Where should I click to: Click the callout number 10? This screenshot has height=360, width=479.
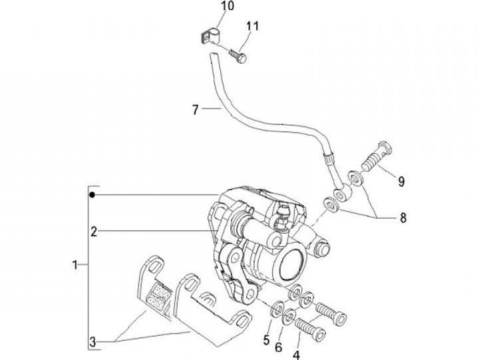[228, 6]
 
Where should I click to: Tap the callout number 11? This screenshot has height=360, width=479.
[252, 26]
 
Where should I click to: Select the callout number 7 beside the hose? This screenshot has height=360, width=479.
[196, 110]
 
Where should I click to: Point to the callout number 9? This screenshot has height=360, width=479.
[401, 182]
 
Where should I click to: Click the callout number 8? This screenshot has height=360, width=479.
[403, 218]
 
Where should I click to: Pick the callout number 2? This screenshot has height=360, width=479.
[94, 232]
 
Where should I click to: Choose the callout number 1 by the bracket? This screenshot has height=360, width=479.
[75, 265]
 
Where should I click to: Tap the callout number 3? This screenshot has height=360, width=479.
[92, 342]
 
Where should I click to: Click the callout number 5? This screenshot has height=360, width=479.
[266, 340]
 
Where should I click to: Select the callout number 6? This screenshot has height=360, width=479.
[278, 347]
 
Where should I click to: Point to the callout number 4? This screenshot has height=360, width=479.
[296, 355]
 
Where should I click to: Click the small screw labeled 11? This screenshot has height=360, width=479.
[238, 56]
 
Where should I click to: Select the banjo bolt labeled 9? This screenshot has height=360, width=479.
[377, 155]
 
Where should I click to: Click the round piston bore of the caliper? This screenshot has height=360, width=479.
[293, 264]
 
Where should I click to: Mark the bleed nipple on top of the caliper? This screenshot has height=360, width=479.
[281, 216]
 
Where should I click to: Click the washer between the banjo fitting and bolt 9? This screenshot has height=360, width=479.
[355, 179]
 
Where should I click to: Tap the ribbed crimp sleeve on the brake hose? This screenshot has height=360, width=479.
[329, 159]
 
